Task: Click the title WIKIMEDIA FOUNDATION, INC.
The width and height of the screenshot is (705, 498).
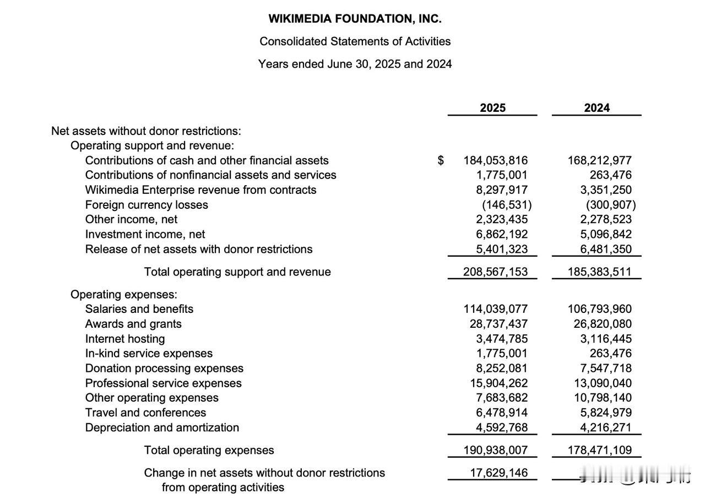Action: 355,19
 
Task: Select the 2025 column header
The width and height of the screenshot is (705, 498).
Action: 492,108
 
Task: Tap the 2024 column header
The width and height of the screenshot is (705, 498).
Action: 596,108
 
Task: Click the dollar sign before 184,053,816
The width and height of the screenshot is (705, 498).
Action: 441,160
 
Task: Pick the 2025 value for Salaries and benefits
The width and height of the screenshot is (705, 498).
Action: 495,309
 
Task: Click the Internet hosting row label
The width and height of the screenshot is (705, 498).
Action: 125,339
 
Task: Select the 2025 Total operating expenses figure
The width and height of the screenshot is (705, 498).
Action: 495,451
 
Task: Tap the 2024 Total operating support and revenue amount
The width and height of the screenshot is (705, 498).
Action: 599,272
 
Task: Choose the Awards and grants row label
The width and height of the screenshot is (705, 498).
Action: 133,324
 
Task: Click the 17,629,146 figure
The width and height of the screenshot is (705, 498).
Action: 498,473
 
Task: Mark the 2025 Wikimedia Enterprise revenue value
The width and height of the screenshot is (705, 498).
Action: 501,190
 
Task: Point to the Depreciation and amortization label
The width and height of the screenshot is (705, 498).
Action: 162,427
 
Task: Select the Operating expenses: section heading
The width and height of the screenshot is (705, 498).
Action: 124,294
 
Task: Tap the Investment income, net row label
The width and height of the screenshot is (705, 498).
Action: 145,234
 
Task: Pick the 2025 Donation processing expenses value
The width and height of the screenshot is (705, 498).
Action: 501,368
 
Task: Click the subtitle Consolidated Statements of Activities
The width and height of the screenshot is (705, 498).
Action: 355,41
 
